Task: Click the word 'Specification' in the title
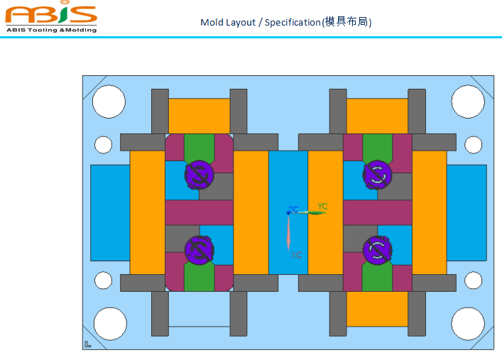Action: (293, 22)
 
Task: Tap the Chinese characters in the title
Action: (347, 22)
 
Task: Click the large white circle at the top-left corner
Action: (109, 102)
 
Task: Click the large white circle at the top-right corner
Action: (468, 102)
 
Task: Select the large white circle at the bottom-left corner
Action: (110, 323)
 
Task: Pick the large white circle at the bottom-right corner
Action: (468, 323)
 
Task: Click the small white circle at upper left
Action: (104, 145)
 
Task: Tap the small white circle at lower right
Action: (472, 280)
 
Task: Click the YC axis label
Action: (322, 207)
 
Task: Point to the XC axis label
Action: (297, 254)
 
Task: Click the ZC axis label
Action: (293, 210)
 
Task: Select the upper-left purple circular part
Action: (198, 174)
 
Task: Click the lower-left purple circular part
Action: (198, 250)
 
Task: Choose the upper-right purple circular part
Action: (376, 174)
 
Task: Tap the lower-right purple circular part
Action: (376, 250)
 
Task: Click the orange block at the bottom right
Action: (377, 309)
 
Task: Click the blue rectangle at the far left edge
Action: (110, 212)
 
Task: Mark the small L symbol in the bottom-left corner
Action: (88, 344)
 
